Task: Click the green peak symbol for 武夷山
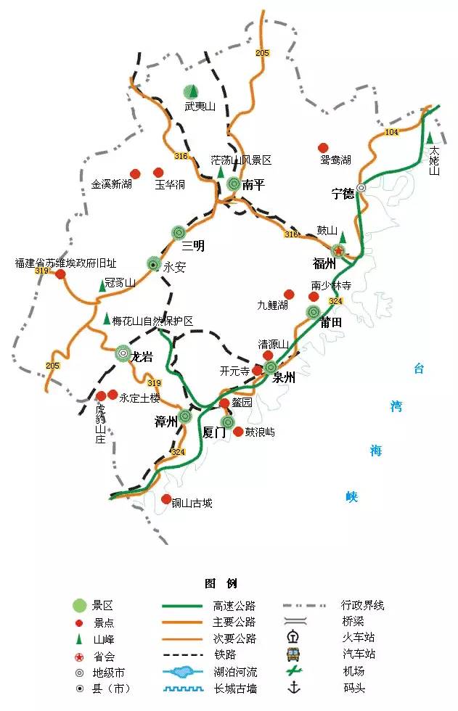click(x=190, y=91)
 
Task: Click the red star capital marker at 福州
click(x=339, y=250)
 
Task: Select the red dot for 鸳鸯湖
click(x=324, y=147)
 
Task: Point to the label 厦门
click(x=215, y=433)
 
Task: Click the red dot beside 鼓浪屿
click(x=238, y=431)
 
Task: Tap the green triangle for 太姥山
click(x=430, y=137)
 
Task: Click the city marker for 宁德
click(x=361, y=187)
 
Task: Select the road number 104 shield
click(x=392, y=131)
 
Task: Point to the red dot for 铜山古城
click(x=166, y=499)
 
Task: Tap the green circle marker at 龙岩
click(x=124, y=353)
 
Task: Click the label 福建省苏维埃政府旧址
click(x=65, y=263)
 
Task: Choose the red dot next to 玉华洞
click(x=158, y=173)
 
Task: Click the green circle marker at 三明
click(x=179, y=232)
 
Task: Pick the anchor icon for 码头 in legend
click(x=294, y=688)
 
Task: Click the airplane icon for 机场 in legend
click(x=294, y=671)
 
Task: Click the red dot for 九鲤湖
click(x=289, y=294)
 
